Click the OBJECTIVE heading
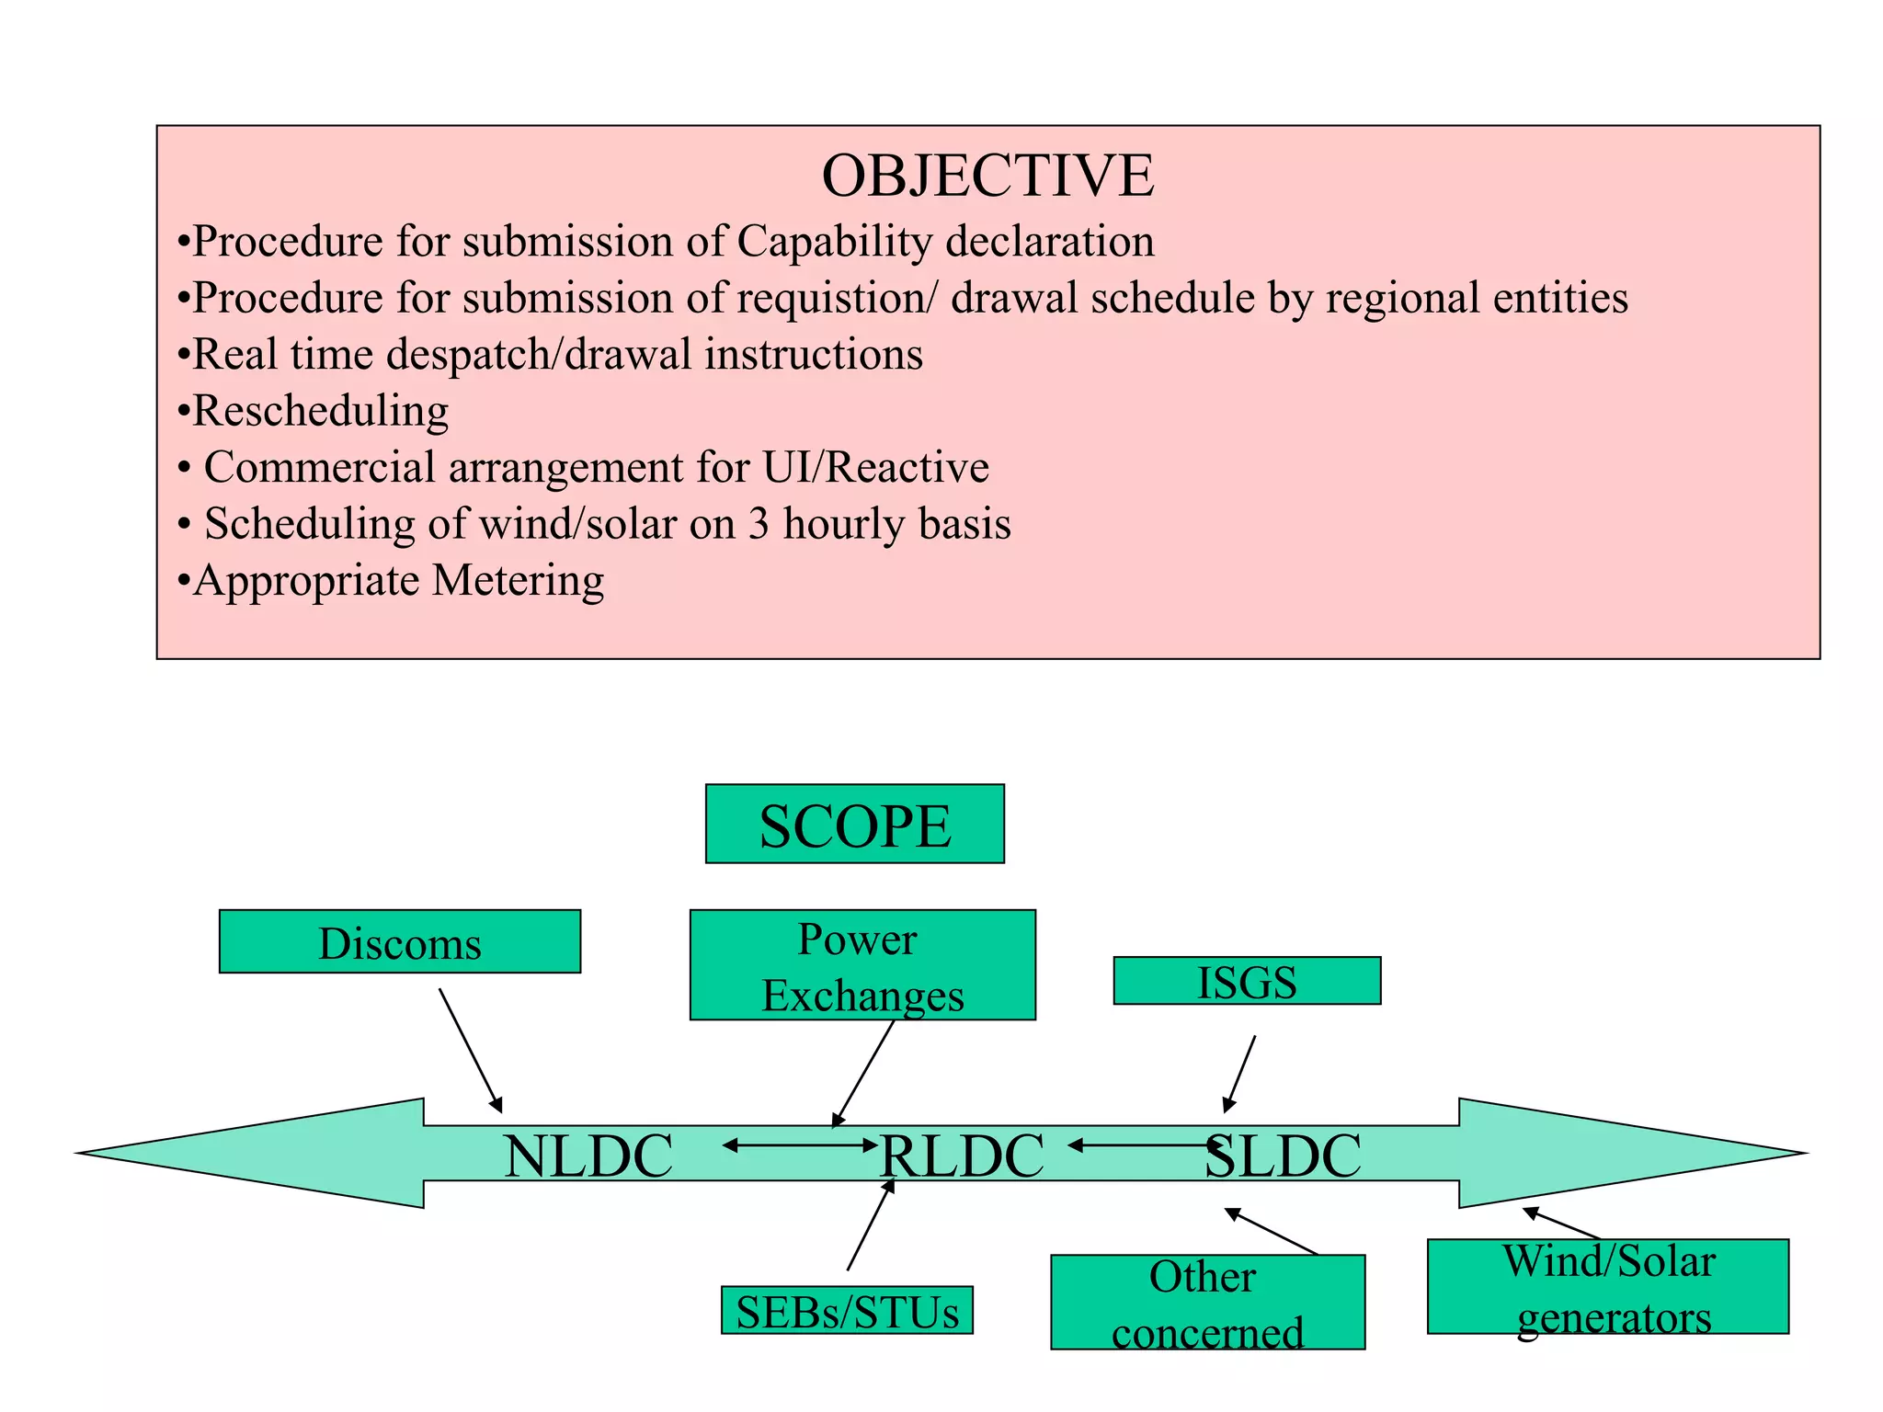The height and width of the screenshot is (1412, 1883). pyautogui.click(x=987, y=176)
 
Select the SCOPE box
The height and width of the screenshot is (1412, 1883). pyautogui.click(x=854, y=824)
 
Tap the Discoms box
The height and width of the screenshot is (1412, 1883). pyautogui.click(x=400, y=942)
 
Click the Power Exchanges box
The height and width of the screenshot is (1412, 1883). pyautogui.click(x=862, y=965)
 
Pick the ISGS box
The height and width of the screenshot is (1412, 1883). pyautogui.click(x=1247, y=981)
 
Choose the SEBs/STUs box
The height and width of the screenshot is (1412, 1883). pyautogui.click(x=847, y=1310)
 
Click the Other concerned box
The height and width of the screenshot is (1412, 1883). pyautogui.click(x=1207, y=1303)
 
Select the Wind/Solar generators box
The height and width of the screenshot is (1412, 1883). pyautogui.click(x=1608, y=1287)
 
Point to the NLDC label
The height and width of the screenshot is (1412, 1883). pyautogui.click(x=588, y=1156)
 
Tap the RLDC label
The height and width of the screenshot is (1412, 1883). pyautogui.click(x=962, y=1156)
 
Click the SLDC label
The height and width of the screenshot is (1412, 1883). pyautogui.click(x=1284, y=1156)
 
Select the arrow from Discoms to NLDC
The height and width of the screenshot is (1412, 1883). pyautogui.click(x=470, y=1050)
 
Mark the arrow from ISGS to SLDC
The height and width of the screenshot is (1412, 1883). pyautogui.click(x=1239, y=1073)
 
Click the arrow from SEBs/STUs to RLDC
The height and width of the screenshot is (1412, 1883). pyautogui.click(x=870, y=1226)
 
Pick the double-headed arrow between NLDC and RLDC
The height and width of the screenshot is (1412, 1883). pyautogui.click(x=800, y=1145)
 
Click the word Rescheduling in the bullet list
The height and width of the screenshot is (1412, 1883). pyautogui.click(x=321, y=410)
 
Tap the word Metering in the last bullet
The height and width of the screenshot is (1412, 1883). pyautogui.click(x=519, y=580)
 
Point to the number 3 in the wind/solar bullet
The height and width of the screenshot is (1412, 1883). pyautogui.click(x=759, y=524)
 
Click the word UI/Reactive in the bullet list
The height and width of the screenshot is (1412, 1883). pyautogui.click(x=875, y=467)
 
